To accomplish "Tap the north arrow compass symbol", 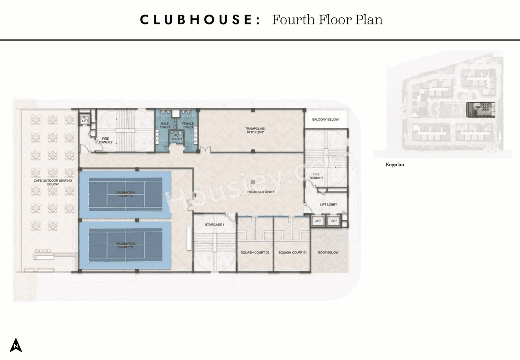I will pos(16,345).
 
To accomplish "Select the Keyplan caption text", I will pos(395,165).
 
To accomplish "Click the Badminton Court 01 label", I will pos(125,194).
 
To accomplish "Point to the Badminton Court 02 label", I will pos(125,245).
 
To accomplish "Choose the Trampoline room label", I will pos(255,130).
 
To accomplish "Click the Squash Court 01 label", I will pos(292,252).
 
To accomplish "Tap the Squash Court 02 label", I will pos(255,252).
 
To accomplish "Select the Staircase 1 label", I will pos(214,224).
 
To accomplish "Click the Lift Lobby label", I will pos(328,204).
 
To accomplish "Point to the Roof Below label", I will pos(328,252).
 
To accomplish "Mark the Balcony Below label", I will pos(325,119).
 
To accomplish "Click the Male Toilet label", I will pos(165,126).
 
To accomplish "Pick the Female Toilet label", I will pos(188,126).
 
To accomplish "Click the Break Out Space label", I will pos(261,192).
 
